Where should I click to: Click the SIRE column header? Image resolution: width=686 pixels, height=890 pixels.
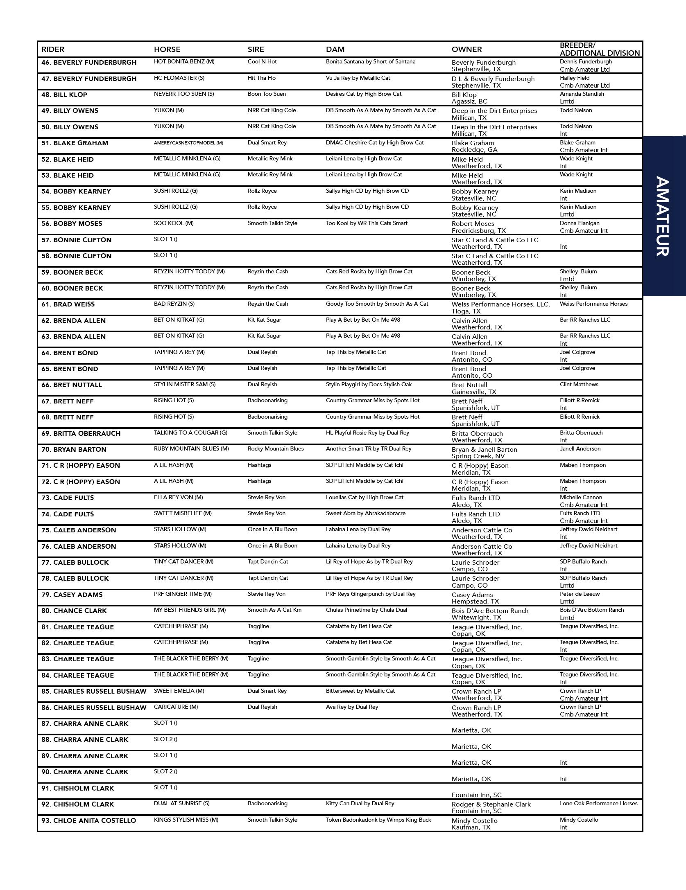pos(256,50)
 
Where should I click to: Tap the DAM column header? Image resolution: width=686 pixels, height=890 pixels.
pos(335,50)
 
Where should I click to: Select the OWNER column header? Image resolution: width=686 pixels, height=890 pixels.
pos(466,50)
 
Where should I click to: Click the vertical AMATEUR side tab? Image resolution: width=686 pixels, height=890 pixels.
pos(663,216)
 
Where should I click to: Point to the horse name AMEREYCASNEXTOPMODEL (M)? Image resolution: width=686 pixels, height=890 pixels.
pos(188,143)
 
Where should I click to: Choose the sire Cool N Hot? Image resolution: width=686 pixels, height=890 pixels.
pos(262,62)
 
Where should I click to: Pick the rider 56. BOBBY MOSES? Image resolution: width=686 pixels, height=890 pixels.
pos(72,224)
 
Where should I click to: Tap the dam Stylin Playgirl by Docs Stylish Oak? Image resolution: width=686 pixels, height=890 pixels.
pos(369,385)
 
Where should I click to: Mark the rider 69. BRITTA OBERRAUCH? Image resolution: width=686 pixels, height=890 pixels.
pos(81,434)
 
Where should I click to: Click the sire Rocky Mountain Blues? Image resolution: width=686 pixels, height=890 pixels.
pos(276,449)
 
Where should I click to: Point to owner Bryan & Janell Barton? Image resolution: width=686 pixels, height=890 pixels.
pos(484,450)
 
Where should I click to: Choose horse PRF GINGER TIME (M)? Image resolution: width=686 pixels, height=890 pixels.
pos(183,594)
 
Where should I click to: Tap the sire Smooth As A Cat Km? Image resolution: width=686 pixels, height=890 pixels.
pos(274,610)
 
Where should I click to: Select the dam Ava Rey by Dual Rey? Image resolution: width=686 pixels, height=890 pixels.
pos(352,707)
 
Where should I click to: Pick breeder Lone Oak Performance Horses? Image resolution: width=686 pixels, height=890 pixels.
pos(598,804)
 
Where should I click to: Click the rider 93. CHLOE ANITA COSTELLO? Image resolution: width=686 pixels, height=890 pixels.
pos(88,821)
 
